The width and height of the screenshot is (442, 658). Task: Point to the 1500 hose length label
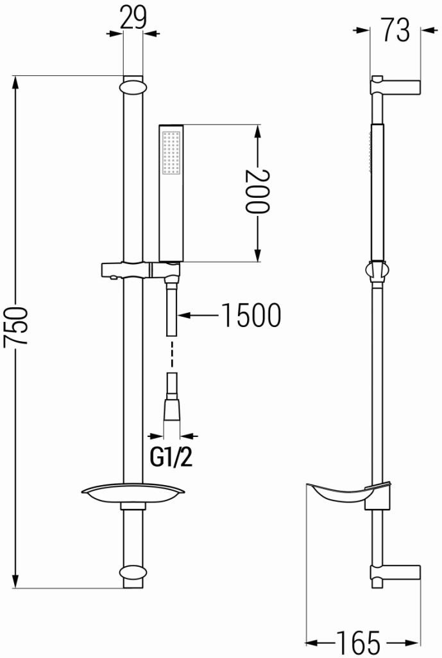click(251, 316)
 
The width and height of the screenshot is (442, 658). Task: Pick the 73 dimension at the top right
click(395, 30)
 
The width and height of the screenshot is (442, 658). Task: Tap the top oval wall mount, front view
click(133, 85)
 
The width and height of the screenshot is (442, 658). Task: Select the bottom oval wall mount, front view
click(133, 574)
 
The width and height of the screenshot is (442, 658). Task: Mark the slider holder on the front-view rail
click(128, 269)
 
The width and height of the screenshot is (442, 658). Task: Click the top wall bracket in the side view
click(395, 85)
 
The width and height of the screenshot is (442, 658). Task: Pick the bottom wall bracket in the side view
click(395, 573)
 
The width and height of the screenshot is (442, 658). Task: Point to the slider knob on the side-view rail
click(378, 271)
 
